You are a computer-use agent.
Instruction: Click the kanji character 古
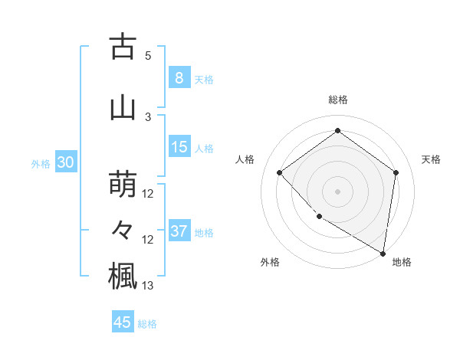click(123, 47)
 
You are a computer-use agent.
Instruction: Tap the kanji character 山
click(123, 107)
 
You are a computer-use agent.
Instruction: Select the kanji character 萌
click(123, 185)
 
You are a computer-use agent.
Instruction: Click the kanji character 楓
click(123, 277)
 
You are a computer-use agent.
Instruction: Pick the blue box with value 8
click(179, 78)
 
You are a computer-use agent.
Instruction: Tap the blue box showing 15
click(179, 147)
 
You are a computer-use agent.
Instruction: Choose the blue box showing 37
click(179, 231)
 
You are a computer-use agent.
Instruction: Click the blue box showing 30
click(65, 162)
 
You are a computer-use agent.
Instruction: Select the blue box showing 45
click(123, 322)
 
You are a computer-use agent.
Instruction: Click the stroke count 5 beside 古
click(148, 56)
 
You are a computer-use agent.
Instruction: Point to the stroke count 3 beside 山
click(148, 116)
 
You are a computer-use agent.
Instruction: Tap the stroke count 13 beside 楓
click(148, 286)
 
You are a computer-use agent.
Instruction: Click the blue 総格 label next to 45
click(147, 324)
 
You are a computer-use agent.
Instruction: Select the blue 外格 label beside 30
click(40, 164)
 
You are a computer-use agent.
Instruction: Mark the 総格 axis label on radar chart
click(337, 100)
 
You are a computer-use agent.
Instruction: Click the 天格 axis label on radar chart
click(431, 159)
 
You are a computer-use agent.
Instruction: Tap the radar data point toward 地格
click(383, 253)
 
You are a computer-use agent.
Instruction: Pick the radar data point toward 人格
click(280, 172)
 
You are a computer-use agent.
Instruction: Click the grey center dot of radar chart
click(337, 191)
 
